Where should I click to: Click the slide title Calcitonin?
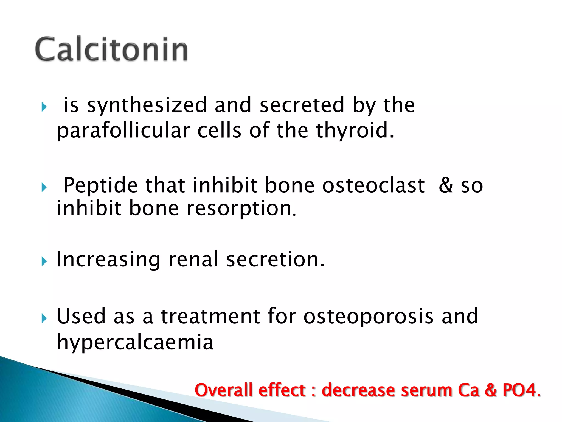click(x=111, y=49)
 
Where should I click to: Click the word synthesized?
click(x=147, y=105)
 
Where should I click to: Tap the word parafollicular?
click(x=123, y=131)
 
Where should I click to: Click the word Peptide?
click(x=100, y=185)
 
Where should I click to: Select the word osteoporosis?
click(x=368, y=316)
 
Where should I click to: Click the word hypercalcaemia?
click(x=135, y=342)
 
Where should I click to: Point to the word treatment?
click(x=210, y=316)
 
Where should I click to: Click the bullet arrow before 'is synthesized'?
click(x=44, y=107)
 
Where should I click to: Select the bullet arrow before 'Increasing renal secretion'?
click(x=44, y=261)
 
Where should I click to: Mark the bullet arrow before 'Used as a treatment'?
click(x=44, y=318)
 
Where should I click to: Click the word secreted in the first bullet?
click(x=302, y=105)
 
